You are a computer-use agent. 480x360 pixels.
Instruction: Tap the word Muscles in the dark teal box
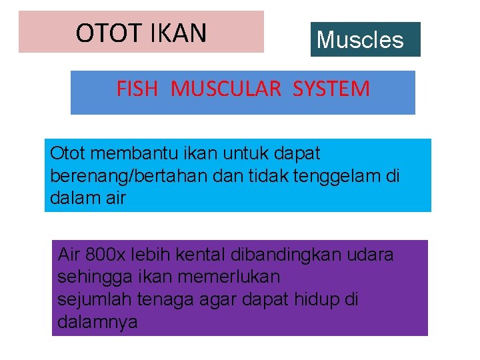point(360,40)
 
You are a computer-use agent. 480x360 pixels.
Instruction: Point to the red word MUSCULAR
point(226,89)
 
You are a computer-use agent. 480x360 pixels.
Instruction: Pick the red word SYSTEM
point(331,89)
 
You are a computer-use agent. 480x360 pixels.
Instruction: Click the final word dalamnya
point(97,322)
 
